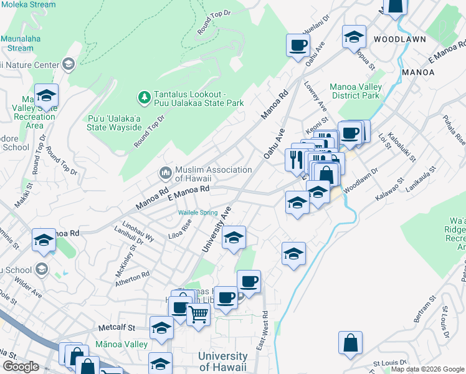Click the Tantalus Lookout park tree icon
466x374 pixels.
145,97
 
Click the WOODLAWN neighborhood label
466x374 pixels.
400,39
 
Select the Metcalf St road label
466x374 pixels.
117,327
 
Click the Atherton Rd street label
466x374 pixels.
132,279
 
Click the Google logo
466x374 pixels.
21,367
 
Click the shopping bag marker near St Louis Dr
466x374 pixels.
351,342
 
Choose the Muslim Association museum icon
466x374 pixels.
166,171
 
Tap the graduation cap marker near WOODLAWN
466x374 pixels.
354,38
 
